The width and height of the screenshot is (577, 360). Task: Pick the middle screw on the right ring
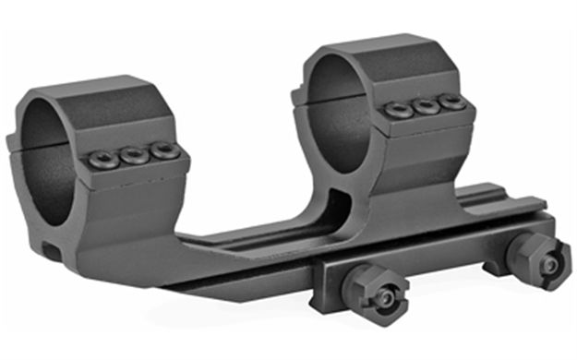click(426, 104)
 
